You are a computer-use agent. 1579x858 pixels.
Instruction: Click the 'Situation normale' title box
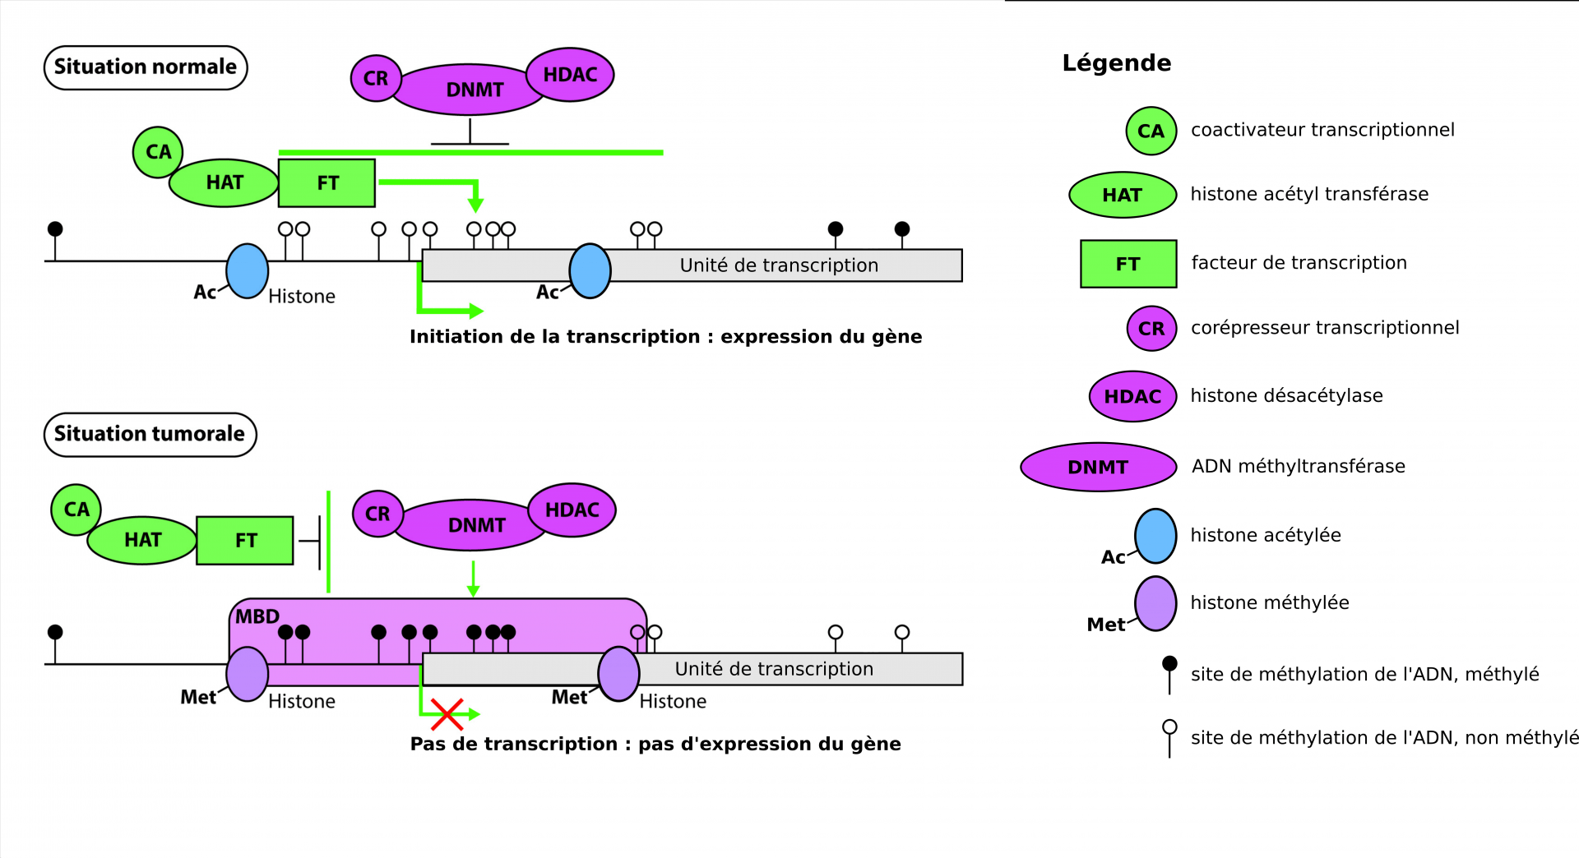pyautogui.click(x=146, y=67)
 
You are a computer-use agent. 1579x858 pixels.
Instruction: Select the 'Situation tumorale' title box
pyautogui.click(x=150, y=434)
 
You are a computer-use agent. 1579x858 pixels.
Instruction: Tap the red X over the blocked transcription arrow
pyautogui.click(x=447, y=714)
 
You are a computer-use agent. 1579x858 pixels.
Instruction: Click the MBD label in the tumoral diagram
pyautogui.click(x=257, y=616)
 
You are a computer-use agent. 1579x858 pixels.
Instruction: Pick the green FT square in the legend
pyautogui.click(x=1128, y=264)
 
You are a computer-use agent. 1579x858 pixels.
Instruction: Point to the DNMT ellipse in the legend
pyautogui.click(x=1098, y=467)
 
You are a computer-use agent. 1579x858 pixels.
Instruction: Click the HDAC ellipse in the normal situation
pyautogui.click(x=570, y=75)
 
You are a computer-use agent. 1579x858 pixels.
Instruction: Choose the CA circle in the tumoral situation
pyautogui.click(x=76, y=510)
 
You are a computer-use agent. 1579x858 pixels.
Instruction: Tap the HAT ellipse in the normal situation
pyautogui.click(x=224, y=182)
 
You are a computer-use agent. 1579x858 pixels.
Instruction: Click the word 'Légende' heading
pyautogui.click(x=1116, y=63)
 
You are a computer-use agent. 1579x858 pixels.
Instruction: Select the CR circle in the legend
pyautogui.click(x=1151, y=329)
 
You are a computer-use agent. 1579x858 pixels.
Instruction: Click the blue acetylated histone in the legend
pyautogui.click(x=1155, y=536)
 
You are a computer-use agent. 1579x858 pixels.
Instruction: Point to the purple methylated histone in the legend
pyautogui.click(x=1155, y=603)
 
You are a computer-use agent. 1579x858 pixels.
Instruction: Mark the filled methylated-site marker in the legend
pyautogui.click(x=1169, y=664)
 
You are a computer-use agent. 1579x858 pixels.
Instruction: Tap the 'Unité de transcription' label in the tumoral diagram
pyautogui.click(x=774, y=669)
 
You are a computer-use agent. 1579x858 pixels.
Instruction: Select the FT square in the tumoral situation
pyautogui.click(x=245, y=540)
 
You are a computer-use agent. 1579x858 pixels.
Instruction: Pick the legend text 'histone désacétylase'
pyautogui.click(x=1286, y=396)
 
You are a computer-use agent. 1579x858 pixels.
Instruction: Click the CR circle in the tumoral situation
pyautogui.click(x=377, y=514)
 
